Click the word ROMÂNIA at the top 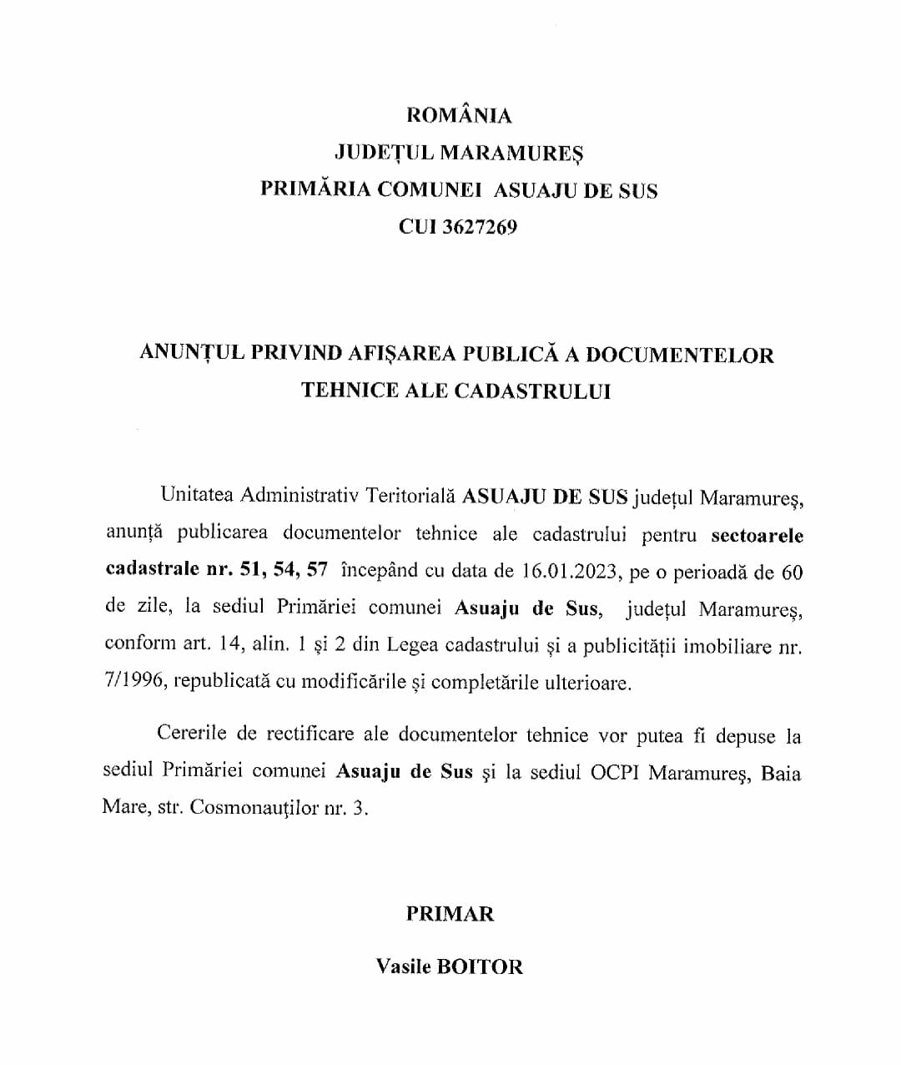(x=458, y=115)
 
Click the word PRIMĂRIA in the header (x=315, y=189)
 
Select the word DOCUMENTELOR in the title (x=679, y=355)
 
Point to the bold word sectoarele (x=757, y=535)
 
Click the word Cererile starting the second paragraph (x=191, y=734)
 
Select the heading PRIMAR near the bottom (x=450, y=914)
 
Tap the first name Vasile (x=404, y=967)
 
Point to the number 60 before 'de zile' (x=791, y=573)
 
